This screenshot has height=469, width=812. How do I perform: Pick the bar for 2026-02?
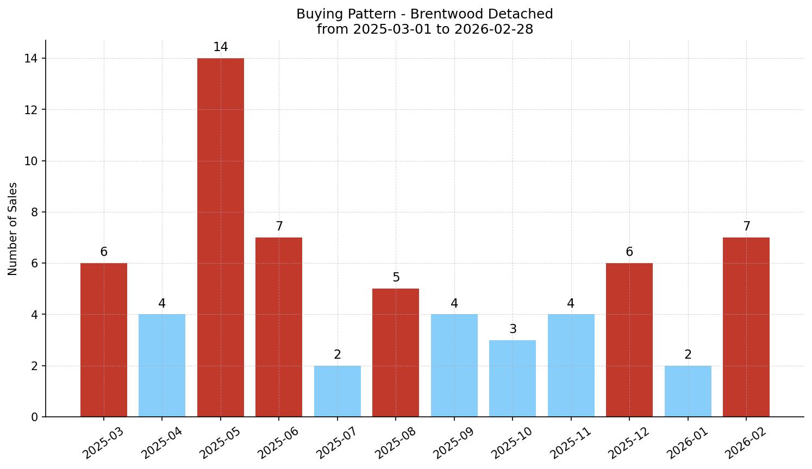(x=746, y=327)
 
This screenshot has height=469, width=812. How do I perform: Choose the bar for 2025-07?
(x=337, y=391)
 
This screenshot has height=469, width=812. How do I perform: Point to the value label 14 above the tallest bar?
(x=220, y=47)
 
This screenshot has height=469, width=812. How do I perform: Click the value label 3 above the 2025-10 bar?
(x=513, y=329)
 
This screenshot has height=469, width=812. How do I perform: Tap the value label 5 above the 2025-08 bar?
(x=396, y=278)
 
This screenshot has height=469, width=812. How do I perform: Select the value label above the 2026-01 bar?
(x=688, y=355)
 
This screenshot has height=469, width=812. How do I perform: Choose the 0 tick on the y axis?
(x=35, y=417)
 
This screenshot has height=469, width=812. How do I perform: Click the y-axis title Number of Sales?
(x=13, y=229)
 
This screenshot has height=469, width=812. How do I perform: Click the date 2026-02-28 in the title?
(x=494, y=29)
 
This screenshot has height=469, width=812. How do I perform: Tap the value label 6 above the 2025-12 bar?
(x=629, y=252)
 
